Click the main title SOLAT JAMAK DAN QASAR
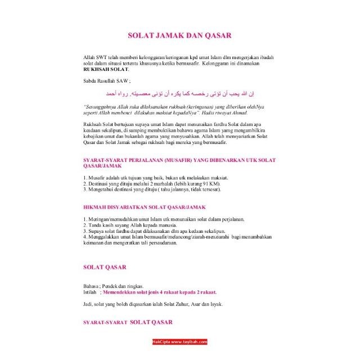click(179, 35)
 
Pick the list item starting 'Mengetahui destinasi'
click(152, 190)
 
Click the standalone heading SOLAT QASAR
click(105, 267)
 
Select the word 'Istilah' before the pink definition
click(91, 292)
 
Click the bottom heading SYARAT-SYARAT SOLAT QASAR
click(128, 322)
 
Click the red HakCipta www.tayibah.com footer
click(180, 341)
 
